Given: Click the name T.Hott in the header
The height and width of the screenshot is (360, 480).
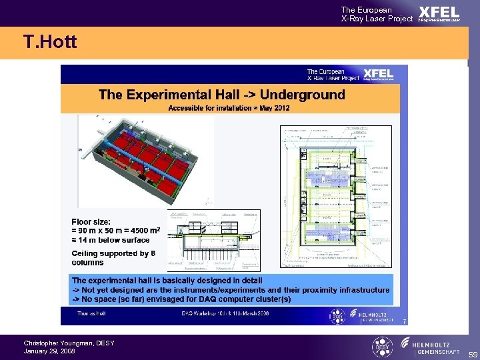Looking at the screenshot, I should [x=50, y=43].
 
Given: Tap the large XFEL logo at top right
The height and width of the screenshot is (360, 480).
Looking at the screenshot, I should [x=439, y=13].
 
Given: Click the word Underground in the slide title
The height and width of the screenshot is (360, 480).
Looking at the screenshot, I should [x=303, y=95].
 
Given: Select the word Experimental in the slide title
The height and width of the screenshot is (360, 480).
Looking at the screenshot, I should [x=180, y=95].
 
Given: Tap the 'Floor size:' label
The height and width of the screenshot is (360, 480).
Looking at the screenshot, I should [x=92, y=221].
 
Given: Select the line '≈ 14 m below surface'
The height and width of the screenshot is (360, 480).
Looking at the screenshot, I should [x=111, y=240].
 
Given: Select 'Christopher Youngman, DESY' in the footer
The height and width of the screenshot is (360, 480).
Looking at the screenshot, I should [x=69, y=343].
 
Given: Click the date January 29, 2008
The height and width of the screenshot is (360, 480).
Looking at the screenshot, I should [x=49, y=351].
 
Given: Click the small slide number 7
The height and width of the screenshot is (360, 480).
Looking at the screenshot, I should [x=404, y=322].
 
